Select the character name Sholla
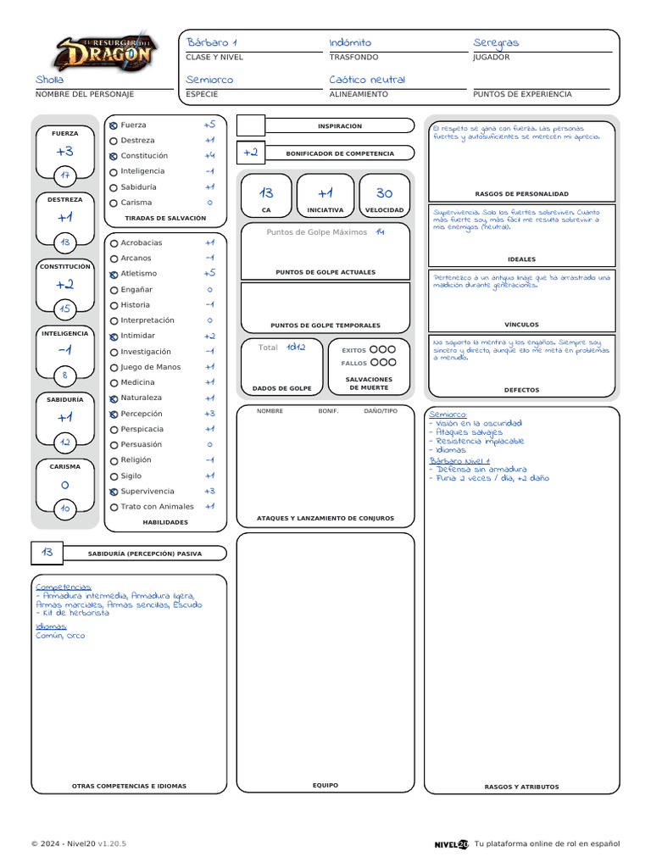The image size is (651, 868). click(50, 80)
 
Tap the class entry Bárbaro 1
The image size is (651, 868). click(212, 42)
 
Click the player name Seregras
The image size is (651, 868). click(496, 42)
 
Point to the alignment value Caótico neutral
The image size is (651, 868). click(367, 80)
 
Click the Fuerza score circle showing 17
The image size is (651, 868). click(64, 175)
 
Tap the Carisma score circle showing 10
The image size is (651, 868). click(64, 509)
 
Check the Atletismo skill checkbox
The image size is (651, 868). click(114, 274)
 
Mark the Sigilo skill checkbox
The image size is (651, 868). click(114, 476)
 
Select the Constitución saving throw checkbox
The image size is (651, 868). click(114, 156)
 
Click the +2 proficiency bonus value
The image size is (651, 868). click(250, 153)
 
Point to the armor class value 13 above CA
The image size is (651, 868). click(266, 193)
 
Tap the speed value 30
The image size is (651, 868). click(384, 193)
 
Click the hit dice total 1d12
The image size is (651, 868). click(295, 347)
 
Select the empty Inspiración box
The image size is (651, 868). click(251, 126)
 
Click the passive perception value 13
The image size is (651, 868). click(47, 553)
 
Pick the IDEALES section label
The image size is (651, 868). click(521, 259)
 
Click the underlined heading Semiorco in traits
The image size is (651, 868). click(448, 414)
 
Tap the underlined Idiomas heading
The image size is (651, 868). click(51, 626)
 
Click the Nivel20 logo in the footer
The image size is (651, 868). click(451, 844)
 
